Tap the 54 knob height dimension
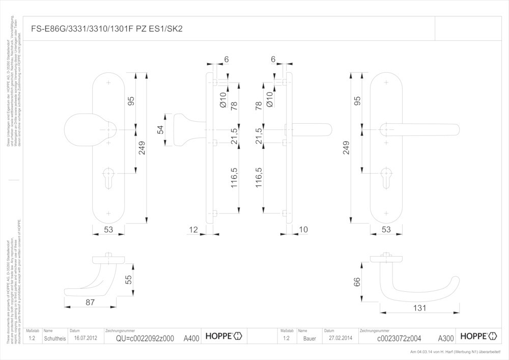pyautogui.click(x=161, y=130)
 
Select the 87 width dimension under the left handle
pyautogui.click(x=90, y=302)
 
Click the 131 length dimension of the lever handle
pyautogui.click(x=420, y=308)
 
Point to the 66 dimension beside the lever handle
pyautogui.click(x=357, y=281)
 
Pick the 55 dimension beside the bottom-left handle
pyautogui.click(x=129, y=279)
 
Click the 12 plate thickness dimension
pyautogui.click(x=193, y=230)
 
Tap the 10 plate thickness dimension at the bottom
pyautogui.click(x=303, y=230)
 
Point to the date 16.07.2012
pyautogui.click(x=85, y=338)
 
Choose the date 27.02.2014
pyautogui.click(x=341, y=338)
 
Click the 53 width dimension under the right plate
pyautogui.click(x=386, y=230)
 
